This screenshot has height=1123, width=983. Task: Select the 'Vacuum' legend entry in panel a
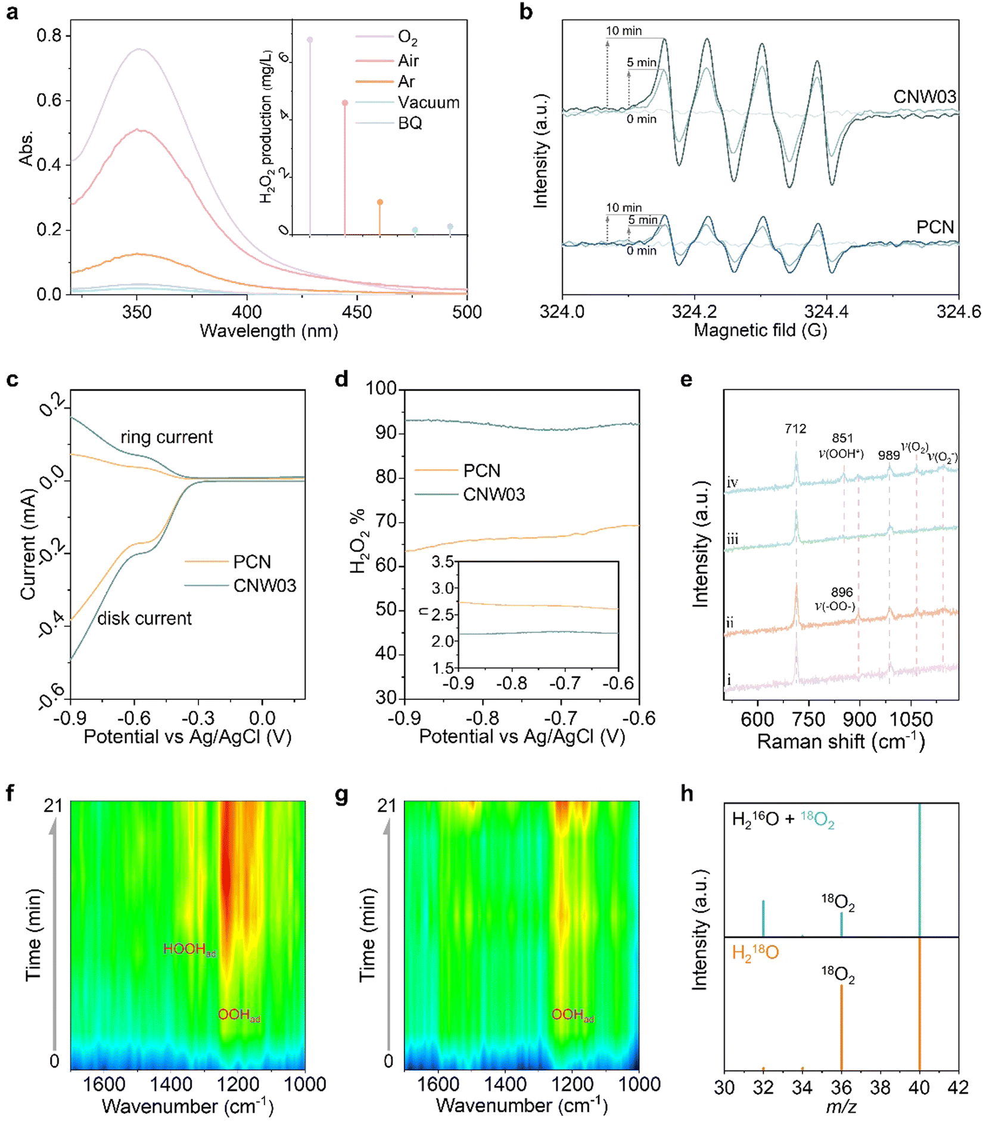428,103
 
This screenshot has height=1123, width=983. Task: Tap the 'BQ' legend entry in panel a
410,123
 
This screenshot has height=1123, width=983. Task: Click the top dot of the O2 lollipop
310,40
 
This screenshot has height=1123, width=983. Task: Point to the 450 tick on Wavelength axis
357,312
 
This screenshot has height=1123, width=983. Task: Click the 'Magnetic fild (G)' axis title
760,330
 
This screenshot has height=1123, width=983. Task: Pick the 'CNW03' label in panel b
924,97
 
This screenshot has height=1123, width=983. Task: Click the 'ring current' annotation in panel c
166,438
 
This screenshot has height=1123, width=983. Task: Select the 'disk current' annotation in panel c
144,619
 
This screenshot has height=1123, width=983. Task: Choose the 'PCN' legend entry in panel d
481,471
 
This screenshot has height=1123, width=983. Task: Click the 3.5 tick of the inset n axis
443,561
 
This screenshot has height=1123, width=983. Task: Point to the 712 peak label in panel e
795,429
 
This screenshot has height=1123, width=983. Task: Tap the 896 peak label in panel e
842,592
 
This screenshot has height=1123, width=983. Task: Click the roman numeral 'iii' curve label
732,539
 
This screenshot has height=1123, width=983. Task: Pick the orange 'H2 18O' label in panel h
755,954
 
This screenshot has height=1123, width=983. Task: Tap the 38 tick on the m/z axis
881,1088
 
